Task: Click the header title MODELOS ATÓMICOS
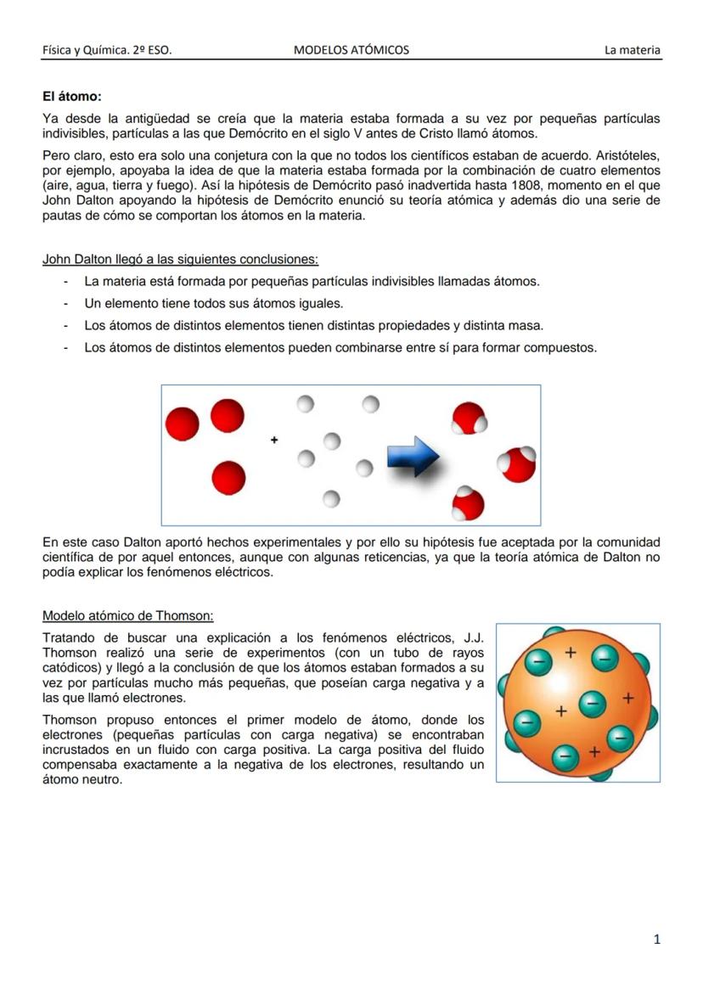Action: (351, 50)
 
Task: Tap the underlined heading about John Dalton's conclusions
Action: (180, 259)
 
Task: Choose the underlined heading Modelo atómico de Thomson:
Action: (128, 616)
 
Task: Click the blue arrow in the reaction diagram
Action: (413, 458)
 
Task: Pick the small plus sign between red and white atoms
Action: (273, 440)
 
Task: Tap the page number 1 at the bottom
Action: (656, 939)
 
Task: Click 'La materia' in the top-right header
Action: (632, 50)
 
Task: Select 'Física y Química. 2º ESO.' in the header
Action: (107, 50)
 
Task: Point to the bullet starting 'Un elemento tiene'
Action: (213, 303)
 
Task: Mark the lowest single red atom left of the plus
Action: (228, 478)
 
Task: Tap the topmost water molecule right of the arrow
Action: (468, 418)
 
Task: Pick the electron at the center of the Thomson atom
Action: (591, 703)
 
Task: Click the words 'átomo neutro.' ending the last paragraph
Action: (82, 780)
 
